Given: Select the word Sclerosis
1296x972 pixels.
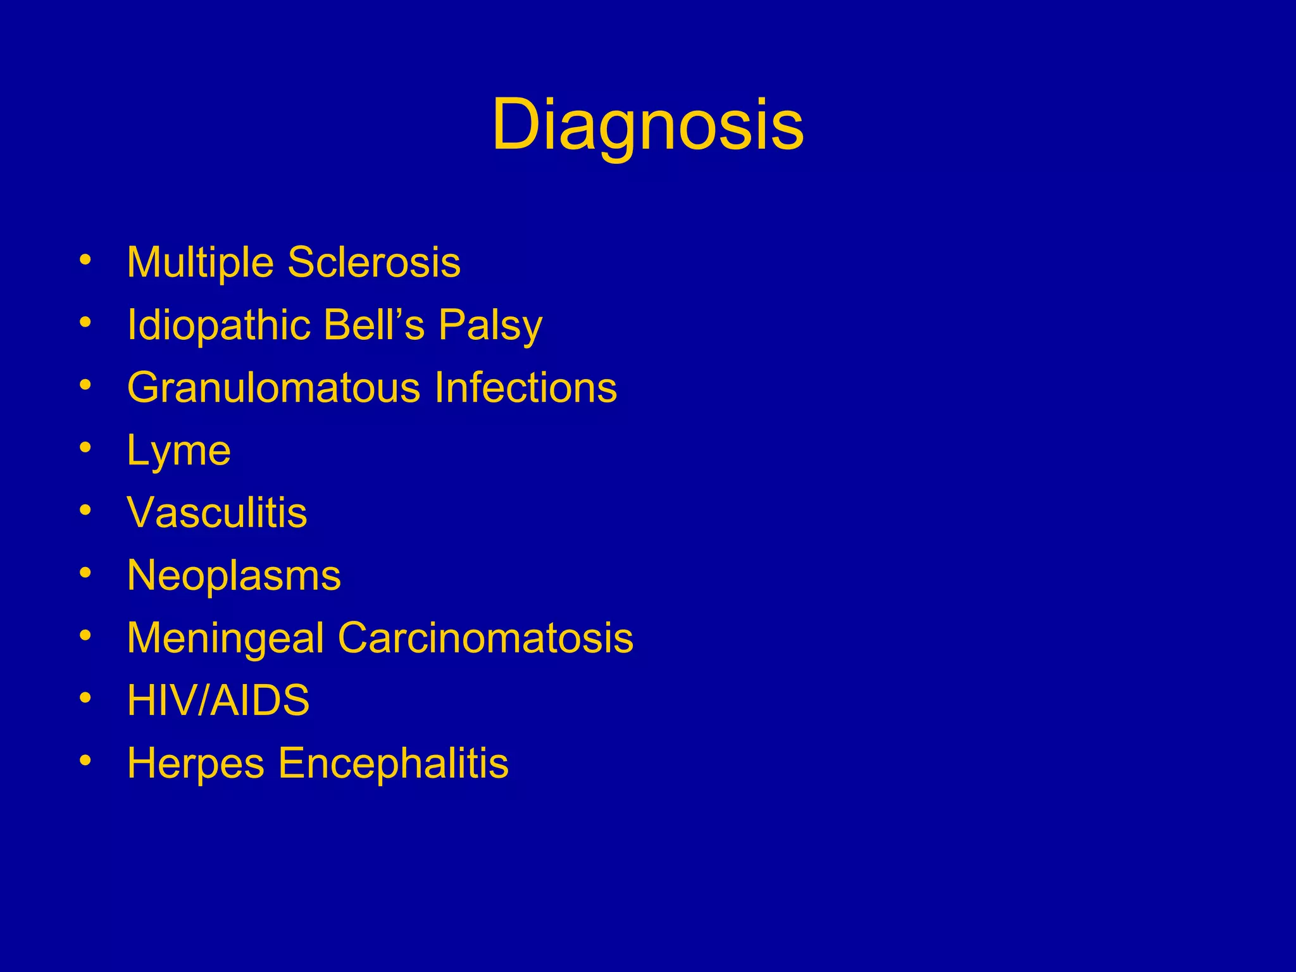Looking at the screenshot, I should (x=374, y=262).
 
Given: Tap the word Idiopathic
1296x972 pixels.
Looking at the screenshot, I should (x=219, y=325).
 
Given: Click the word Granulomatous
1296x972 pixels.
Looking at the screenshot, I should (x=273, y=387).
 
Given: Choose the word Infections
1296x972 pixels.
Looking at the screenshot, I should (x=525, y=387).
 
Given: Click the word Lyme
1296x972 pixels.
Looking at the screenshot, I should (x=179, y=451).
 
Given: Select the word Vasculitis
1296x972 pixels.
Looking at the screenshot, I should (x=217, y=512).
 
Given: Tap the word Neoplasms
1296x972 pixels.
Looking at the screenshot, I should (x=234, y=575).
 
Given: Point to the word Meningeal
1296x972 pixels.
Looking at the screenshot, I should (x=225, y=638).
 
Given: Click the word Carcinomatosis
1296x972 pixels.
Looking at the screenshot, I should (x=485, y=637).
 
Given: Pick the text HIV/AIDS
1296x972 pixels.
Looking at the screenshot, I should (x=218, y=700).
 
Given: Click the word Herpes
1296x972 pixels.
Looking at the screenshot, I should (x=196, y=763).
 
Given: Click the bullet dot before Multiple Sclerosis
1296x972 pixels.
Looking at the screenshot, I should (x=85, y=259).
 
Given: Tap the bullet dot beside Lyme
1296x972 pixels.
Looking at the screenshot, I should (x=85, y=447).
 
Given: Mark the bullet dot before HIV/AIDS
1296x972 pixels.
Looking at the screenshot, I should (x=85, y=697).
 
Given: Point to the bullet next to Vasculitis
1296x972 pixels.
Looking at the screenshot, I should (x=85, y=509).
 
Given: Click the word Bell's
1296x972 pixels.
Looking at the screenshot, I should (x=374, y=325).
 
